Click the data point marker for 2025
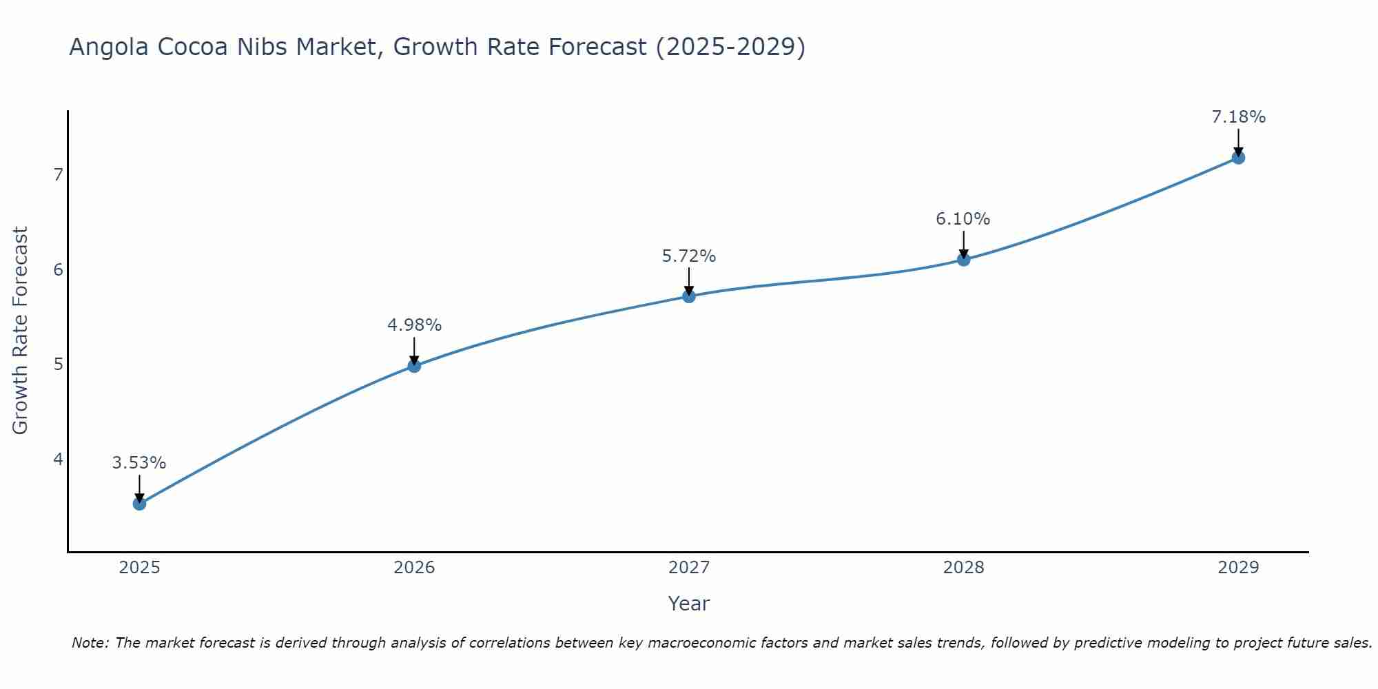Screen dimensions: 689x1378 coord(139,504)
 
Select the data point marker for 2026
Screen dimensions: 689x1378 coord(414,366)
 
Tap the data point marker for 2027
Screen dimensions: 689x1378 coord(689,296)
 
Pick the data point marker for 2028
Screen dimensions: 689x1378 coord(963,260)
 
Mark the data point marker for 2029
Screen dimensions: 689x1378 coord(1238,158)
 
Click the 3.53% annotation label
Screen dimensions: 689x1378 coord(139,463)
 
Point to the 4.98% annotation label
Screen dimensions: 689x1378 coord(414,325)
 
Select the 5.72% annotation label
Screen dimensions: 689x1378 coord(689,256)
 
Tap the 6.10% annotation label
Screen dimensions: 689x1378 coord(963,219)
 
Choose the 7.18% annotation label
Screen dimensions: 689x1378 coord(1238,117)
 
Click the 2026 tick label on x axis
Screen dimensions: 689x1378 coord(414,568)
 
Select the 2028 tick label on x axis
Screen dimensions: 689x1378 coord(963,568)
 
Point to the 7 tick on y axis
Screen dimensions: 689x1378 coord(58,175)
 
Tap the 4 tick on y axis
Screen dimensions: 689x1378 coord(58,459)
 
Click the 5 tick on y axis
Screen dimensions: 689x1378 coord(58,364)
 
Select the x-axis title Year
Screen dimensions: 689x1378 coord(688,604)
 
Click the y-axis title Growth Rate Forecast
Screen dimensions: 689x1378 coord(21,331)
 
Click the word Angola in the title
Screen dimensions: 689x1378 coord(110,47)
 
